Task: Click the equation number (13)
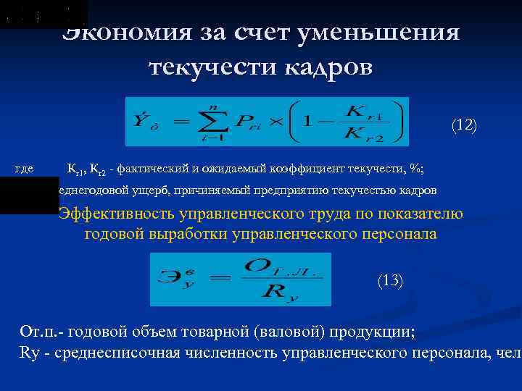(391, 281)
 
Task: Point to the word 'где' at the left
(24, 169)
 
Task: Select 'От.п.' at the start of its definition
(38, 332)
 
